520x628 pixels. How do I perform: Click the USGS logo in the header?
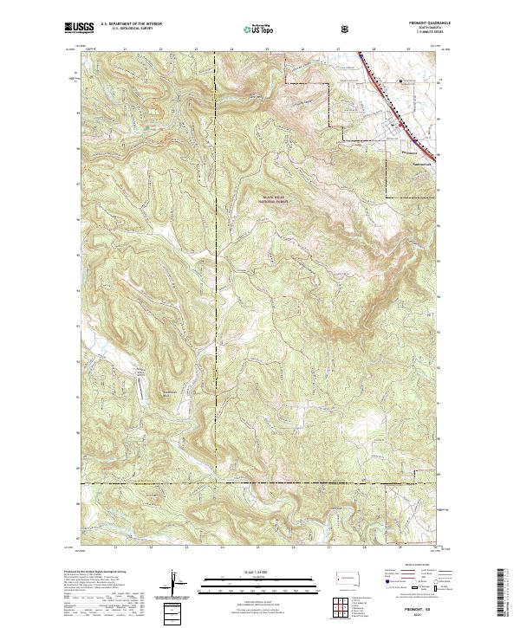[x=80, y=29]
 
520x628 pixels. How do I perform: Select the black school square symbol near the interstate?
[x=400, y=82]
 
